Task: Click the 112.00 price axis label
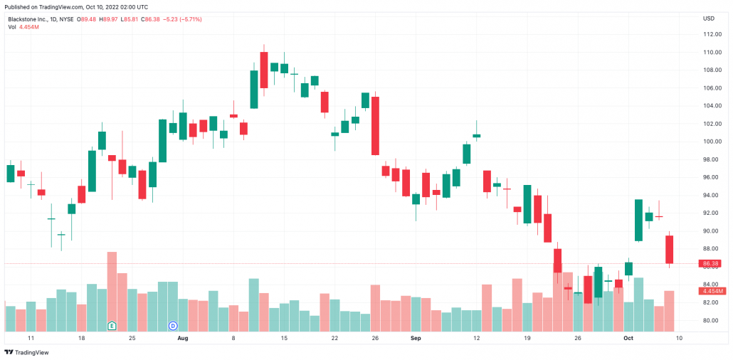click(709, 34)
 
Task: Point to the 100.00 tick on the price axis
click(709, 142)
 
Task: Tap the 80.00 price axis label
click(709, 320)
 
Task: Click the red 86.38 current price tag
click(711, 263)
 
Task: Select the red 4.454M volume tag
click(712, 291)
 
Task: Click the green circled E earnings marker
click(112, 325)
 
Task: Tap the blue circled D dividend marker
click(172, 325)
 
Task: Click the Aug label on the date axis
click(183, 339)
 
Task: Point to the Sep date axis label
click(416, 339)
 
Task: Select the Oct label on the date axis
click(628, 339)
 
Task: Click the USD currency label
click(709, 18)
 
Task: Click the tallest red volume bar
click(112, 292)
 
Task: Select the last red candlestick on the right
click(670, 249)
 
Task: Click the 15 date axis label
click(284, 339)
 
